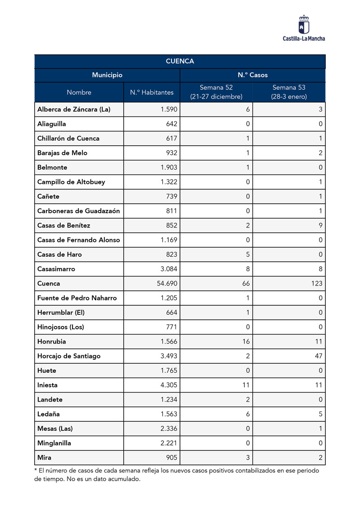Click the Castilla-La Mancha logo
(x=304, y=28)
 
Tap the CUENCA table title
(x=180, y=61)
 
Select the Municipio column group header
(x=107, y=75)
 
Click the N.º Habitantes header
(x=152, y=92)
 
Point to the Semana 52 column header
(x=216, y=92)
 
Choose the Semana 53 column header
(x=288, y=92)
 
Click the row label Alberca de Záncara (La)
(x=74, y=109)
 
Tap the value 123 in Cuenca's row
(x=316, y=284)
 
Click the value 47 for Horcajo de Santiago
(x=318, y=356)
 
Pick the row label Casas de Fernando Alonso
(x=79, y=240)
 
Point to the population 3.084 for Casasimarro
(x=169, y=269)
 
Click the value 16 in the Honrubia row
(x=246, y=342)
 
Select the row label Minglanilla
(x=54, y=443)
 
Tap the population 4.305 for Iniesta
(x=169, y=385)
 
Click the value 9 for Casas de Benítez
(x=320, y=226)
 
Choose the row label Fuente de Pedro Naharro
(x=77, y=298)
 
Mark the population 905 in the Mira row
(x=171, y=458)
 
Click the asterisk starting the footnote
(x=36, y=470)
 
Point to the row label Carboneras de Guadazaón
(x=79, y=211)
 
